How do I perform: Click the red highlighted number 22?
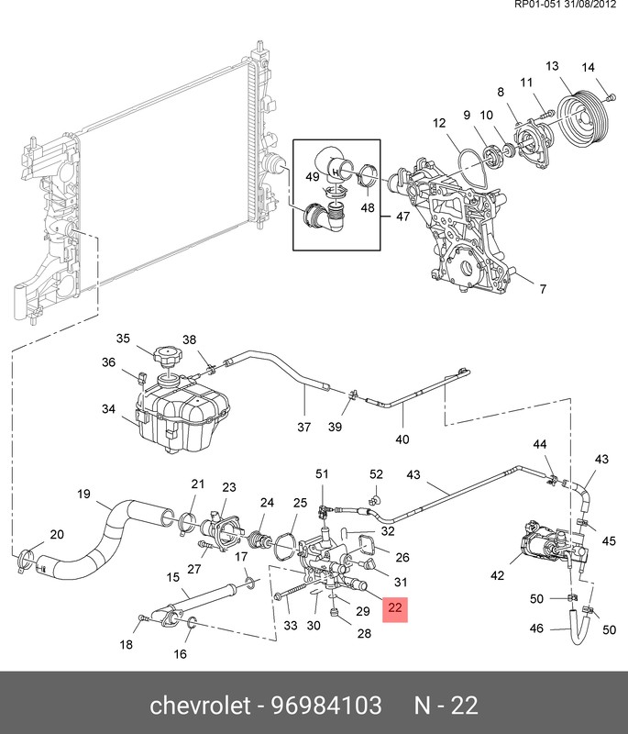(395, 607)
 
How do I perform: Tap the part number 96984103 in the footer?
(326, 705)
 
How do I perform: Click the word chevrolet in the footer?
(200, 705)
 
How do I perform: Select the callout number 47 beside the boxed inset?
(402, 217)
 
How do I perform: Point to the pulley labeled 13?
(584, 120)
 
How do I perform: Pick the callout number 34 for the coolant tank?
(108, 408)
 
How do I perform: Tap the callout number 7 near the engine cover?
(543, 289)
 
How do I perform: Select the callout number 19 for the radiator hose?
(83, 494)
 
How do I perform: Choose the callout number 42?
(497, 575)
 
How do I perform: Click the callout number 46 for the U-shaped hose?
(536, 628)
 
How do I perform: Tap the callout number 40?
(402, 439)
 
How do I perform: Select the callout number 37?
(304, 427)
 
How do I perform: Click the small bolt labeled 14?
(610, 97)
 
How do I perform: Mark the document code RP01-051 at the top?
(534, 5)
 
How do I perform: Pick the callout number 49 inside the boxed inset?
(313, 176)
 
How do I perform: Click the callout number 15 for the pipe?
(173, 577)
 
